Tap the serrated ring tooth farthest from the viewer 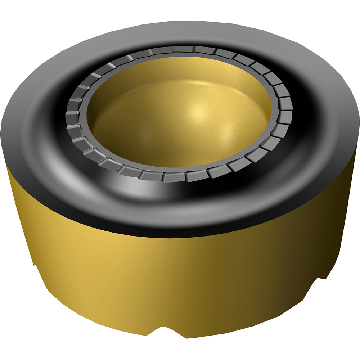(184, 49)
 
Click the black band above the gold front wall (180, 230)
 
